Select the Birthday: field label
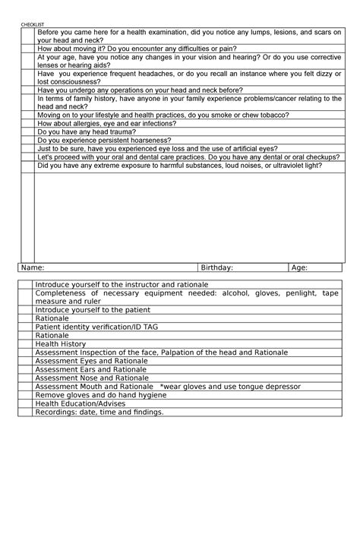point(216,267)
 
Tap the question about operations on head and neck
point(140,90)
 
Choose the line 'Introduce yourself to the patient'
point(93,310)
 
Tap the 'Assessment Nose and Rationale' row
point(92,378)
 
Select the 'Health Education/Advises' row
point(81,403)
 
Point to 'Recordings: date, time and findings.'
point(99,412)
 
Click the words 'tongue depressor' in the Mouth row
point(268,386)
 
